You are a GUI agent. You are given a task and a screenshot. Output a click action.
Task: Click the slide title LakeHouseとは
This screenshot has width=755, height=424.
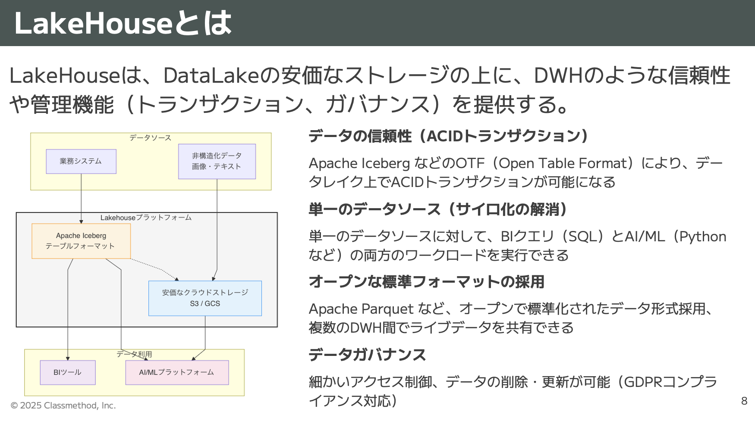[123, 23]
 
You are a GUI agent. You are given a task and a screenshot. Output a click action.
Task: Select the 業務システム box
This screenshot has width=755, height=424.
[81, 161]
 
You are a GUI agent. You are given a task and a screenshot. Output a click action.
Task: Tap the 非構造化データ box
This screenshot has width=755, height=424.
[217, 161]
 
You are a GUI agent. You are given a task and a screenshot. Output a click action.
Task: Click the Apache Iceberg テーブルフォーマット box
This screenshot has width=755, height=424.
[81, 241]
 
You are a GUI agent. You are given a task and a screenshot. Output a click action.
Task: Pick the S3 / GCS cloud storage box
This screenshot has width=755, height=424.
[205, 298]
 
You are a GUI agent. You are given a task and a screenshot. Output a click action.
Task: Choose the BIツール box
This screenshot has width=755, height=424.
[67, 372]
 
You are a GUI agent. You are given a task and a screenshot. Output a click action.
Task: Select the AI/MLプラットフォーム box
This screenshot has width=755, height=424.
[176, 372]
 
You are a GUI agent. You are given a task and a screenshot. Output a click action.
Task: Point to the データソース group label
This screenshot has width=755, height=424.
[150, 138]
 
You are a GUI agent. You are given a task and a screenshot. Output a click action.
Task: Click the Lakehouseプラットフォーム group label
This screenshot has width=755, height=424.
[146, 218]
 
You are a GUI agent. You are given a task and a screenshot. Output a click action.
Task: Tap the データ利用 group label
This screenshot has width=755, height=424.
[134, 354]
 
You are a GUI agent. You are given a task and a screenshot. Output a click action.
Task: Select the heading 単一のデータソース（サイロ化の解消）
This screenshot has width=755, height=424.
[437, 209]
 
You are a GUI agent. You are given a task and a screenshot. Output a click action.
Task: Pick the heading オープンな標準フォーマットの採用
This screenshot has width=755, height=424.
[426, 282]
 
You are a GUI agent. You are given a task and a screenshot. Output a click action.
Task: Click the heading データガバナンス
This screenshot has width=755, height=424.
[367, 355]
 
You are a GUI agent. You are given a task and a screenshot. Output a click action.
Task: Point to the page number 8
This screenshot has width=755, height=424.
[744, 401]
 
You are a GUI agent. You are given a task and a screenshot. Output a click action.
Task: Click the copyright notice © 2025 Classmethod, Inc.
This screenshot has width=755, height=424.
[63, 405]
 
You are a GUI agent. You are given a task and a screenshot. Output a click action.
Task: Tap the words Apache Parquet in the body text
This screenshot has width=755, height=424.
[361, 309]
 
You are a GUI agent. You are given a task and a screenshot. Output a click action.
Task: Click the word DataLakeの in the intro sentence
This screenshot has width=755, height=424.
[222, 76]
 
